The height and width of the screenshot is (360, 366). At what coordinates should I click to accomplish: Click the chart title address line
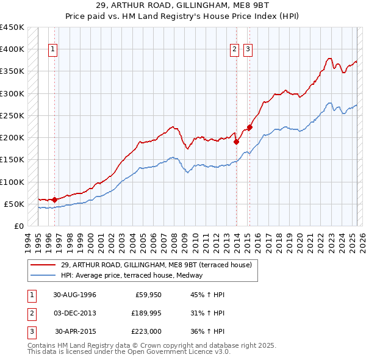click(x=183, y=5)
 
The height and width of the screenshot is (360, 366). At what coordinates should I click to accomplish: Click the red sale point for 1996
click(x=54, y=199)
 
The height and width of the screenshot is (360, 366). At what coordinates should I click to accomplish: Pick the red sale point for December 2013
click(x=236, y=142)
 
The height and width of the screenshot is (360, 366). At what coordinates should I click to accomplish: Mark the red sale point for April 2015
click(x=250, y=127)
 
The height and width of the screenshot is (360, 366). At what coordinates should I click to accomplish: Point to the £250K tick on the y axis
click(x=12, y=115)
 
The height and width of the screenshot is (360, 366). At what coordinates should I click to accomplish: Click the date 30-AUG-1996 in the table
click(x=74, y=295)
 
